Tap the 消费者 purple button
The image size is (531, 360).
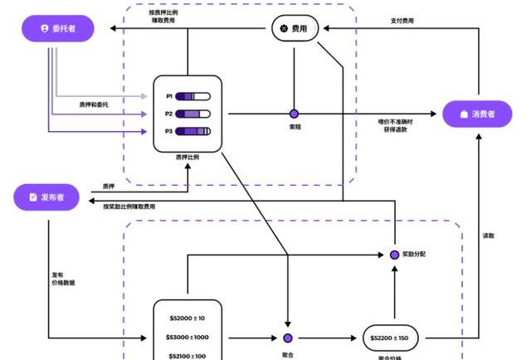tap(477, 114)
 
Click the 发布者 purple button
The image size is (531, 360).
tap(51, 197)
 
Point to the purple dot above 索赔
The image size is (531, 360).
tap(294, 114)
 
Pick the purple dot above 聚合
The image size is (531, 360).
tap(287, 338)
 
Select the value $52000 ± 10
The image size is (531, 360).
tap(188, 319)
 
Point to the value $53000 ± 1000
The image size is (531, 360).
tap(188, 337)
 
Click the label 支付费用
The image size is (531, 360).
tap(402, 20)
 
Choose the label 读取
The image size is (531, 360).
tap(490, 236)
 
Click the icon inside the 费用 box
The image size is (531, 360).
tap(284, 29)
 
